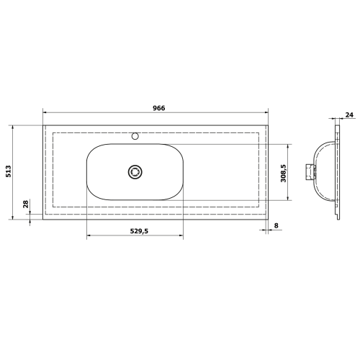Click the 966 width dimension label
159,108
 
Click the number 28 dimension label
26,204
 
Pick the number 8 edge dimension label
276,226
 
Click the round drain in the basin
135,171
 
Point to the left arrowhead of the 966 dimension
45,114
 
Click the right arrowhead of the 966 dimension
268,114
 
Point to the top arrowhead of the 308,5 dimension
289,145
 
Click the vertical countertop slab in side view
336,171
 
